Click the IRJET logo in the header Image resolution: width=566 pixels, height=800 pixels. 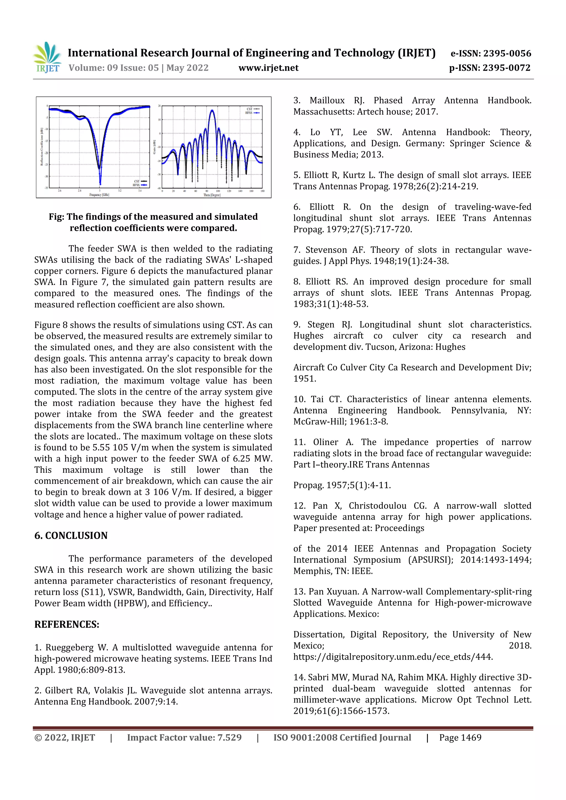[x=47, y=57]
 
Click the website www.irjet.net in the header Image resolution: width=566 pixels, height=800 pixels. [x=268, y=68]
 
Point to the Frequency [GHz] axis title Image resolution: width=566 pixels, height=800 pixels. [x=99, y=195]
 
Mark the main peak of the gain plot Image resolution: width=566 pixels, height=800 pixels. [x=212, y=111]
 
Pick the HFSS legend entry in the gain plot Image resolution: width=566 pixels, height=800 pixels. [x=252, y=113]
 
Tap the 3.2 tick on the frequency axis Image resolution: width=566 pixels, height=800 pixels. [x=120, y=191]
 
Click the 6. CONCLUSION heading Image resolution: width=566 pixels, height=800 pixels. [x=71, y=535]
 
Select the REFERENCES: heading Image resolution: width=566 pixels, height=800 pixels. [x=67, y=624]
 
